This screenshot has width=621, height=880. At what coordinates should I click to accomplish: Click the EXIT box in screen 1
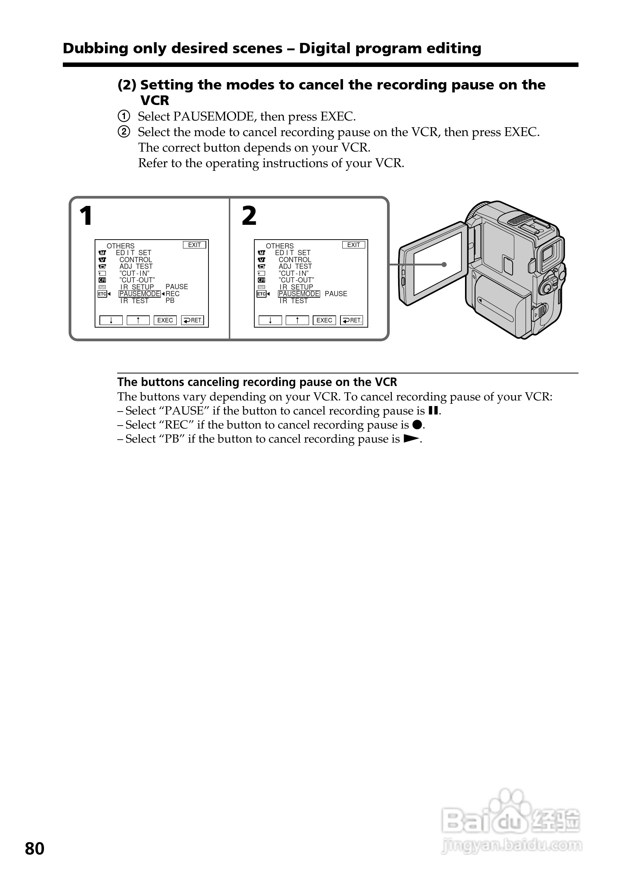[x=194, y=245]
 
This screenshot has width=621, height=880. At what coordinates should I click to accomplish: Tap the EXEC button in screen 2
[x=324, y=321]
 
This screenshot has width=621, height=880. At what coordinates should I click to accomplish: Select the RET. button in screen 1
[x=192, y=321]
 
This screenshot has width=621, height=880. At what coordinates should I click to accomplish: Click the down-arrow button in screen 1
[x=111, y=321]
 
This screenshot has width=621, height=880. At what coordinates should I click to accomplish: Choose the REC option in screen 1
[x=172, y=294]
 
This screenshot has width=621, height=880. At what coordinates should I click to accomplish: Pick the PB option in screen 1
[x=170, y=301]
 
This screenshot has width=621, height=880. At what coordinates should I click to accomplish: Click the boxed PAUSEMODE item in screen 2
[x=299, y=294]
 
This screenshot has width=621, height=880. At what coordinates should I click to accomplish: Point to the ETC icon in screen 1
[x=102, y=294]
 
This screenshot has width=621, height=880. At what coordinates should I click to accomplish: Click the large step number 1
[x=86, y=216]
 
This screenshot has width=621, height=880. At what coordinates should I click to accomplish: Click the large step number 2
[x=249, y=216]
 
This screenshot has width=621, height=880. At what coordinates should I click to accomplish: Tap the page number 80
[x=34, y=849]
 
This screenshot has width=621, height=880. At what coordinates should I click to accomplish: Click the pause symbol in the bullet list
[x=433, y=411]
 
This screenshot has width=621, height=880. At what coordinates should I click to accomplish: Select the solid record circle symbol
[x=417, y=425]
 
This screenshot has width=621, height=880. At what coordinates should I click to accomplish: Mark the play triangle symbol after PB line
[x=411, y=439]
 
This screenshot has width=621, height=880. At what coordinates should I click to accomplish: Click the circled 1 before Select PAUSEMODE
[x=123, y=116]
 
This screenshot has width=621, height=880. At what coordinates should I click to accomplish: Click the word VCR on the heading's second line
[x=155, y=101]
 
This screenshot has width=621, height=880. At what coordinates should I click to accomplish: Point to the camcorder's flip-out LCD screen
[x=437, y=264]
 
